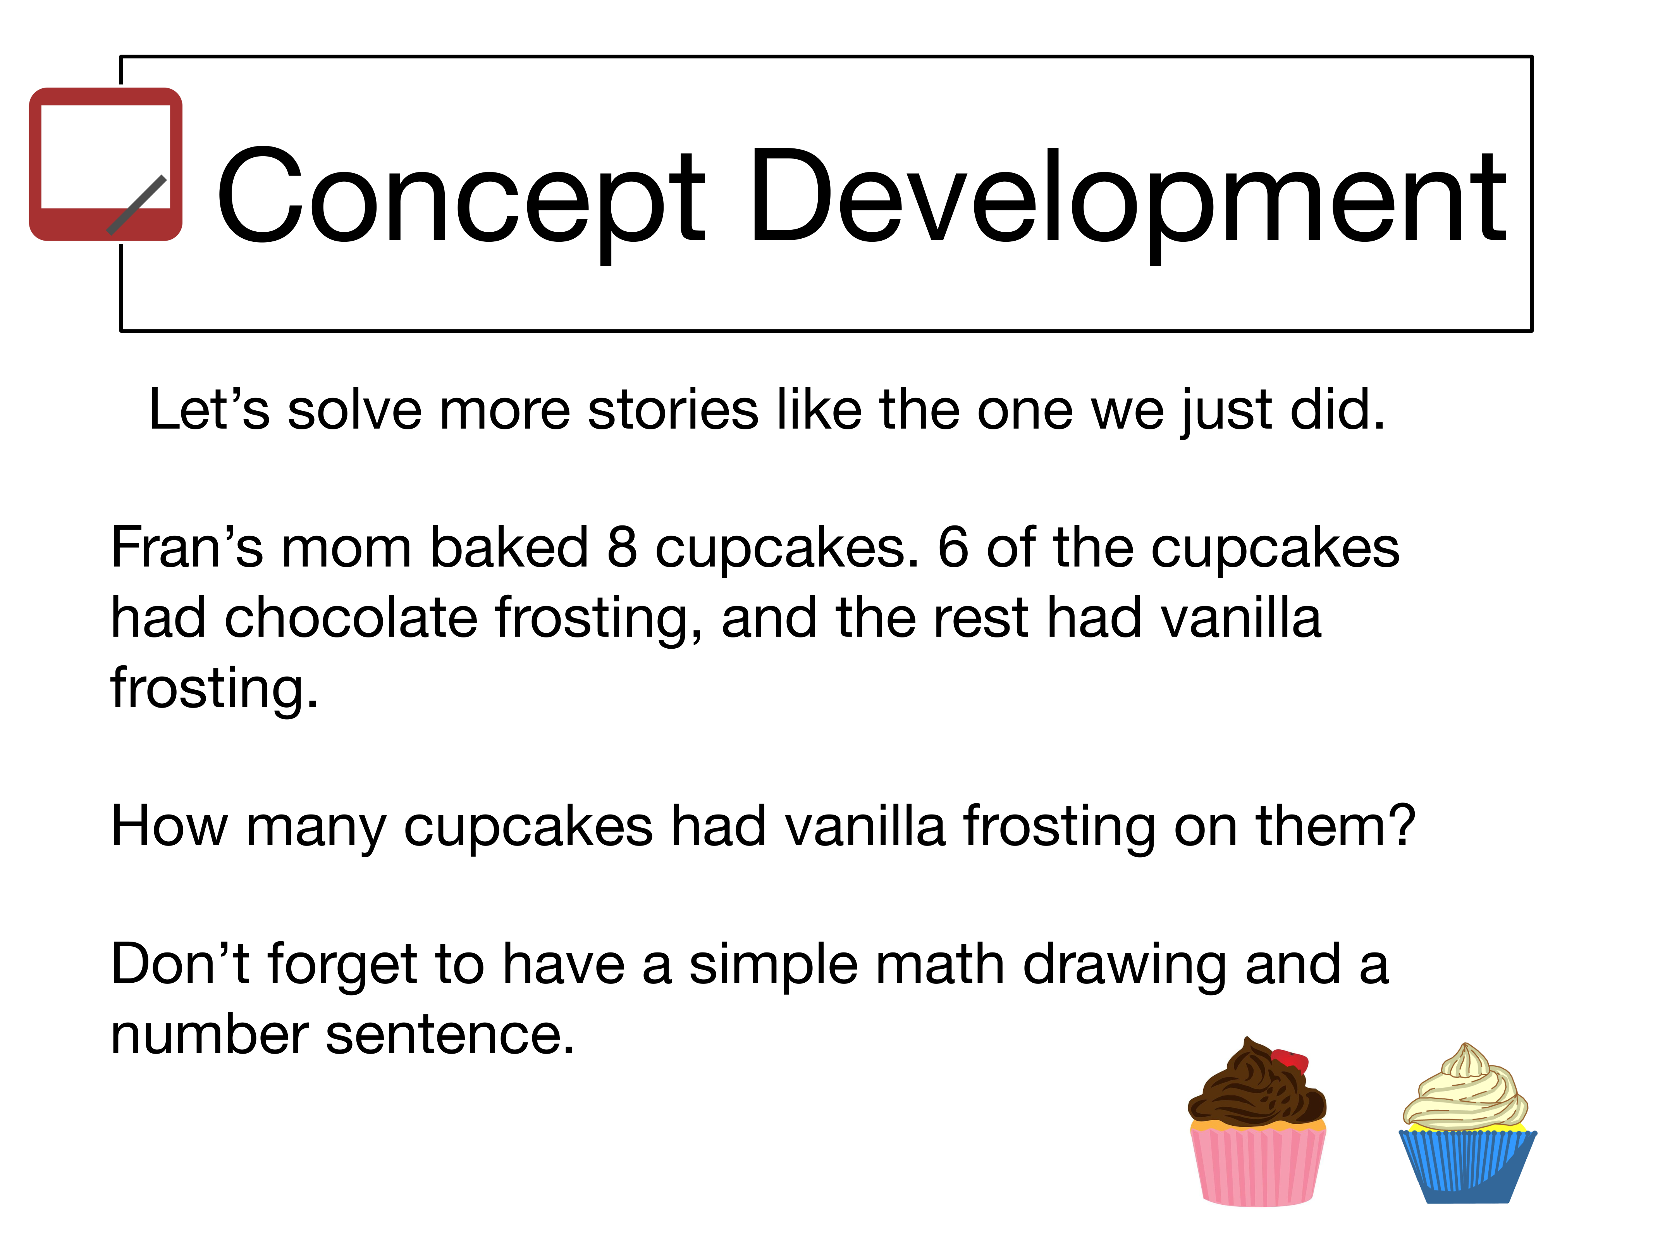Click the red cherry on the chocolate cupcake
click(1290, 1061)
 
